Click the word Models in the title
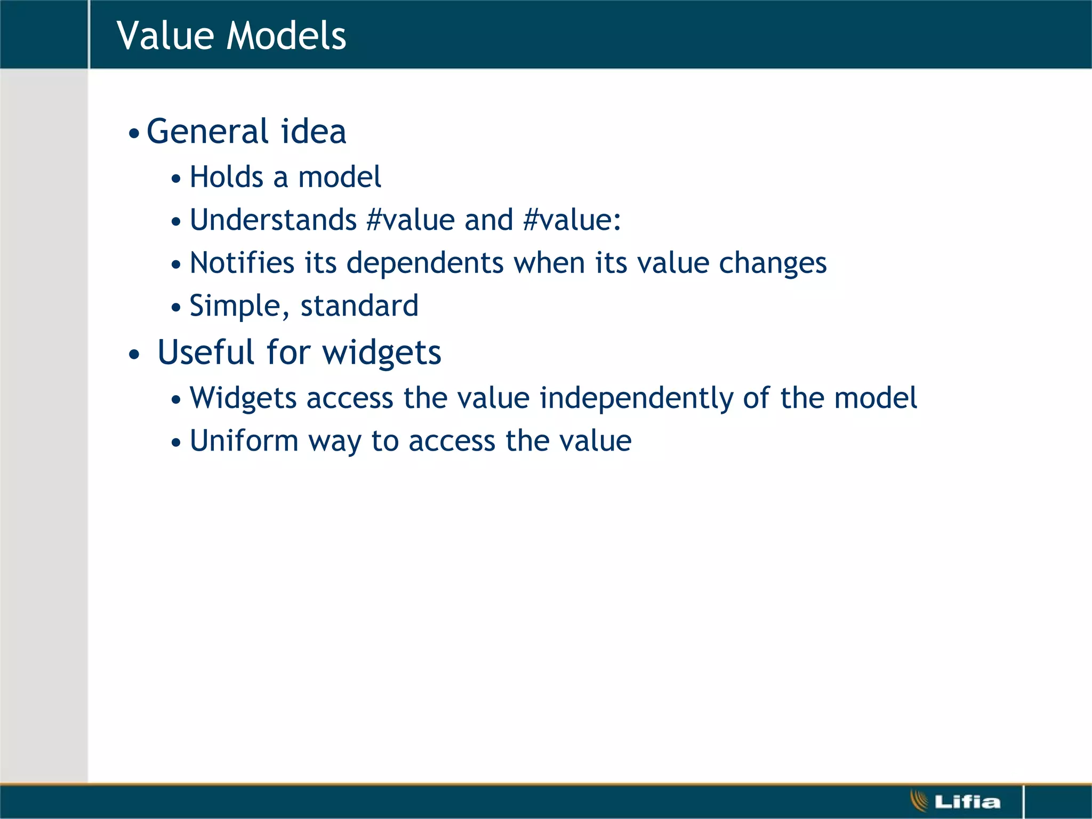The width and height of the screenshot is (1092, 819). [x=286, y=35]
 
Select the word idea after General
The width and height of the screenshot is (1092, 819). [x=314, y=131]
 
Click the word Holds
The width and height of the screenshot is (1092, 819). [x=227, y=177]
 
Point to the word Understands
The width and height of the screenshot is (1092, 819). [x=273, y=220]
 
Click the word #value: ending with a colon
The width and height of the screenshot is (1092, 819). [x=572, y=220]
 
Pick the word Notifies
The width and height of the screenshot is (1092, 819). [x=242, y=263]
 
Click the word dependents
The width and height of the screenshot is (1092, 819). [x=424, y=263]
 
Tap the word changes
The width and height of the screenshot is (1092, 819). [x=773, y=263]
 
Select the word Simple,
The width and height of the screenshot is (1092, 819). [x=239, y=306]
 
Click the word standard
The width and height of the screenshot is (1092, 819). [x=359, y=306]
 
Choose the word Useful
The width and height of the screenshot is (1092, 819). [x=206, y=352]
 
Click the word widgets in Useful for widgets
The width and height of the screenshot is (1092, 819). [x=382, y=352]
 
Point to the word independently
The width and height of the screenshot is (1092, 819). [x=636, y=398]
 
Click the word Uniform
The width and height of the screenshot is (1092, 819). [x=244, y=441]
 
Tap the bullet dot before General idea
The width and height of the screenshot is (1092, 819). [x=134, y=133]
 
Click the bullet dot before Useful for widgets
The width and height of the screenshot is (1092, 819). [x=134, y=355]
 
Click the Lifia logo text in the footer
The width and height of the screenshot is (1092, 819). [x=967, y=801]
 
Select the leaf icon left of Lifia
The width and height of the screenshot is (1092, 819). [x=919, y=801]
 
